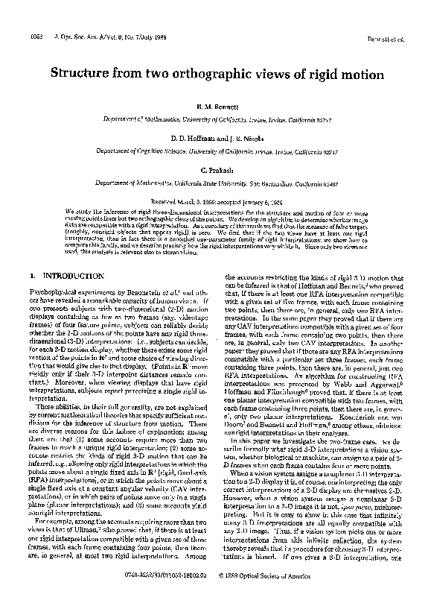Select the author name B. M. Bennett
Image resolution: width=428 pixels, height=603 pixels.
click(214, 110)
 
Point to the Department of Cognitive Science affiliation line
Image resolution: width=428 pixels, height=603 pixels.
click(214, 151)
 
